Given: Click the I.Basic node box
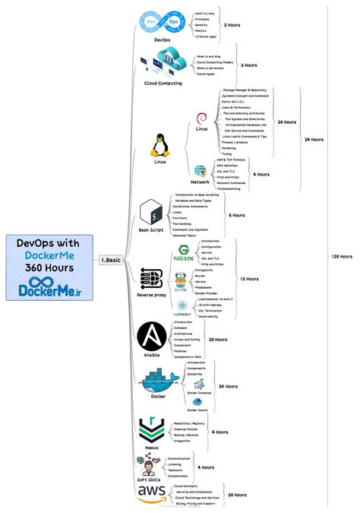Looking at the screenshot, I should point(111,259).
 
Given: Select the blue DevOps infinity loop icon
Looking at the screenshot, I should point(162,24).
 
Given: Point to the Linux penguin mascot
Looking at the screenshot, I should point(159,145).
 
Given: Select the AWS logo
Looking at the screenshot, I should point(153,494).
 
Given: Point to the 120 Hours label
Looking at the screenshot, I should point(341,256).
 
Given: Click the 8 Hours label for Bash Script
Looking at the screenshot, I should point(237,215).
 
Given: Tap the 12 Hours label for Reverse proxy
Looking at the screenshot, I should point(249,279).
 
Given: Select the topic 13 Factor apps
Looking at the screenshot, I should point(207,36).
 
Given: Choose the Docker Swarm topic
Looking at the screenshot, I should point(197,410).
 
